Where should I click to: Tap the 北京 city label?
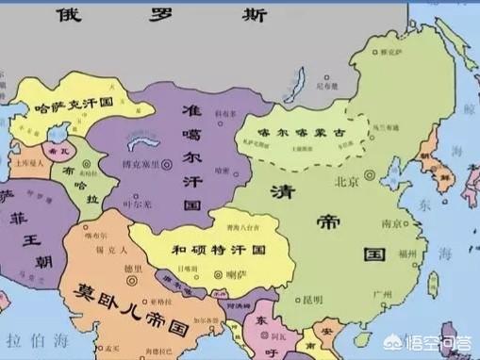pos(347,180)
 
